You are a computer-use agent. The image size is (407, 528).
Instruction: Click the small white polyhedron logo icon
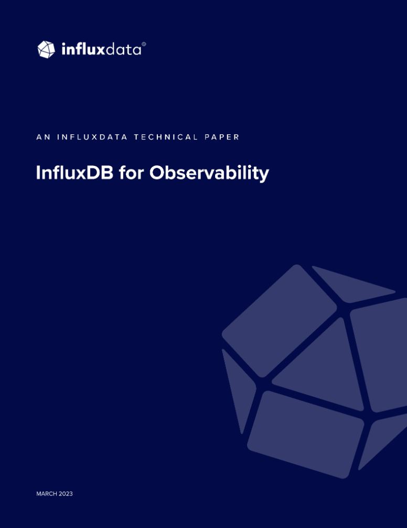46,49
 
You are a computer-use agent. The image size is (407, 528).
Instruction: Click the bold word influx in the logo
83,49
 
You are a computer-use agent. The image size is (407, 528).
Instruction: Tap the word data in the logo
123,50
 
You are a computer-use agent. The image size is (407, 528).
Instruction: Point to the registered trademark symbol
144,44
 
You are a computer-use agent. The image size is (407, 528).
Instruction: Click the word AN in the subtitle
44,137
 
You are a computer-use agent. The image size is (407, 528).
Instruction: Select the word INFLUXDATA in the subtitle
92,137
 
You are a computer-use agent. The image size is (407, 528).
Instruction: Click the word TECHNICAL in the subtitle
166,137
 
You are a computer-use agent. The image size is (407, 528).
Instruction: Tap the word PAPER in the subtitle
222,137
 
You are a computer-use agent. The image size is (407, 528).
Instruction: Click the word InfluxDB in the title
74,173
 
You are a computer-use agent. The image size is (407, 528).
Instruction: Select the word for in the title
132,173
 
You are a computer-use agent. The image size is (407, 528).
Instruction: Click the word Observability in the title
209,173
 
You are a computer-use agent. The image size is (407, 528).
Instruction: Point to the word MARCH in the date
47,494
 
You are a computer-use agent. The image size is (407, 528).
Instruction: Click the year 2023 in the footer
66,494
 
